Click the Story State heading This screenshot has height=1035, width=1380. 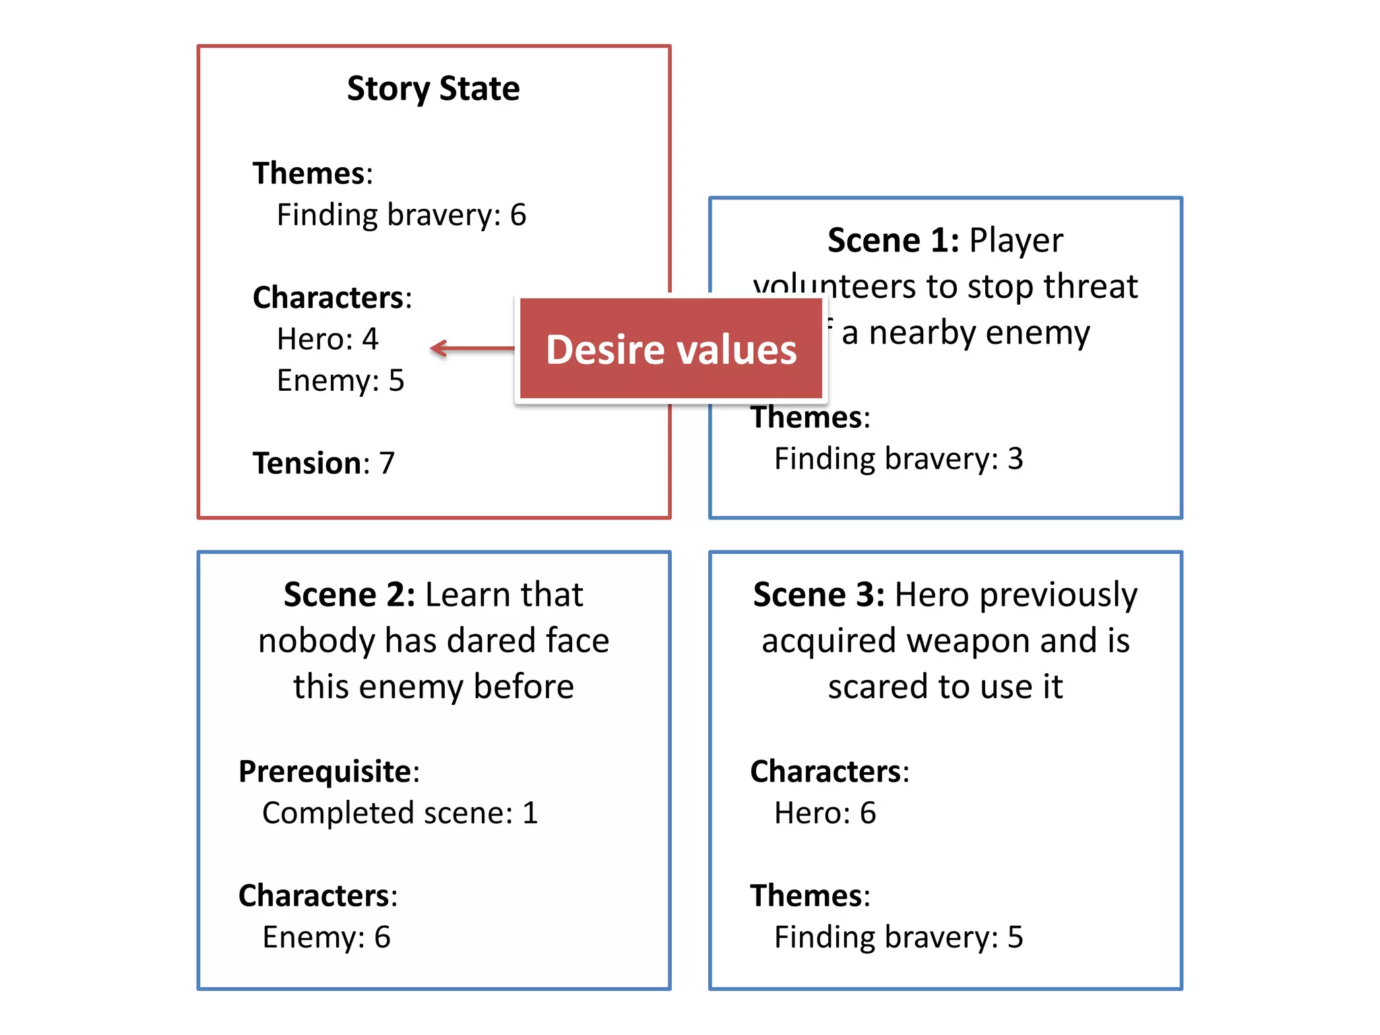(x=433, y=89)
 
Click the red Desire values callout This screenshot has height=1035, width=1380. (x=671, y=349)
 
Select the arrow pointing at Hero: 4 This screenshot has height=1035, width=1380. (x=472, y=348)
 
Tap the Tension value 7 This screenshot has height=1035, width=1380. (x=387, y=464)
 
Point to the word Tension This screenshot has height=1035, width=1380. (x=307, y=464)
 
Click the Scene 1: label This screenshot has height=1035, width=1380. (x=893, y=241)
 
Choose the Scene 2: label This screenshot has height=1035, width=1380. (x=349, y=595)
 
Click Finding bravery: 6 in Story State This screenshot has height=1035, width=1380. (x=402, y=216)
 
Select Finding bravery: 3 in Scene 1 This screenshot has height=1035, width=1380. (x=898, y=459)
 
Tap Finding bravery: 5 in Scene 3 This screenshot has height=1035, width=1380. (x=898, y=937)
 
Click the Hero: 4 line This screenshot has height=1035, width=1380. (x=327, y=339)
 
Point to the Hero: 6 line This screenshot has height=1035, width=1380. (x=825, y=813)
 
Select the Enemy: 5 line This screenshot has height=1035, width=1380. (x=340, y=381)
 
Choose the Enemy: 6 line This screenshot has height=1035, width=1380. (x=326, y=937)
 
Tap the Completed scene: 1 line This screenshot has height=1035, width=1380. (x=400, y=813)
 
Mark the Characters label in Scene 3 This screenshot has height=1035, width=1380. (x=828, y=772)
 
